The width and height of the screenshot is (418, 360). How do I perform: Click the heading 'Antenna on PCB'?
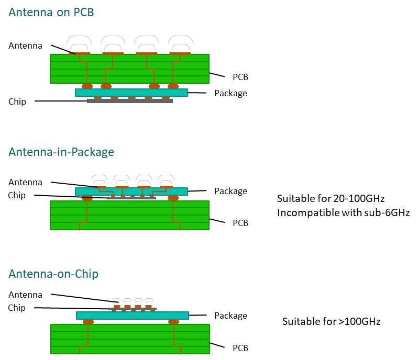coord(51,12)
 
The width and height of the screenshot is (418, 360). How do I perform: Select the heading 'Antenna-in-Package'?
coord(61,152)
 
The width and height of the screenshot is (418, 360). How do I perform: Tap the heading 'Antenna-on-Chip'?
coord(53,274)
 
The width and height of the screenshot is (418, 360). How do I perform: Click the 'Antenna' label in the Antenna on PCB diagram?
coord(25,46)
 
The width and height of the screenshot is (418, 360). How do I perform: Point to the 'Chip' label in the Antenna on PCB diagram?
coord(17,101)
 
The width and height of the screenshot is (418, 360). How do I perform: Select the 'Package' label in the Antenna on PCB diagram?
coord(230,93)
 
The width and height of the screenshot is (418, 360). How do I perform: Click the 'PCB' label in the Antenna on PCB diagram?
coord(240,77)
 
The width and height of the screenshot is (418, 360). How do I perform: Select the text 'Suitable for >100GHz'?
coord(331,321)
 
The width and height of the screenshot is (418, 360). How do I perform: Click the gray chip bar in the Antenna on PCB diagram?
coord(130,101)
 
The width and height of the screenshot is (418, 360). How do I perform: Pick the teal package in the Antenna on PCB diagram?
coord(131,93)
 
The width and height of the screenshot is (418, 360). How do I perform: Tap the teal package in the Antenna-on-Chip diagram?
coord(132,316)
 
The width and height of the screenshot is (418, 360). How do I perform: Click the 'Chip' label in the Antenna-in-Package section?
coord(17,196)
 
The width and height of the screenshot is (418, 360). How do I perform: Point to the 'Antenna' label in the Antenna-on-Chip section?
coord(25,295)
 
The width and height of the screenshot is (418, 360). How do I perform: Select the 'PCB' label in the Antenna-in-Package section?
coord(240,223)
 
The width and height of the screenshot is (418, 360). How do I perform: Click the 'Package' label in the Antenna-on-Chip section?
coord(230,316)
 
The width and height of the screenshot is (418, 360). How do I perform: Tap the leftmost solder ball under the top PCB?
coord(87,85)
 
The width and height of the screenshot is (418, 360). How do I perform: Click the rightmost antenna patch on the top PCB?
coord(179,53)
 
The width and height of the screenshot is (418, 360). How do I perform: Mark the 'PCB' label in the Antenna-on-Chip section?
coord(240,348)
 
